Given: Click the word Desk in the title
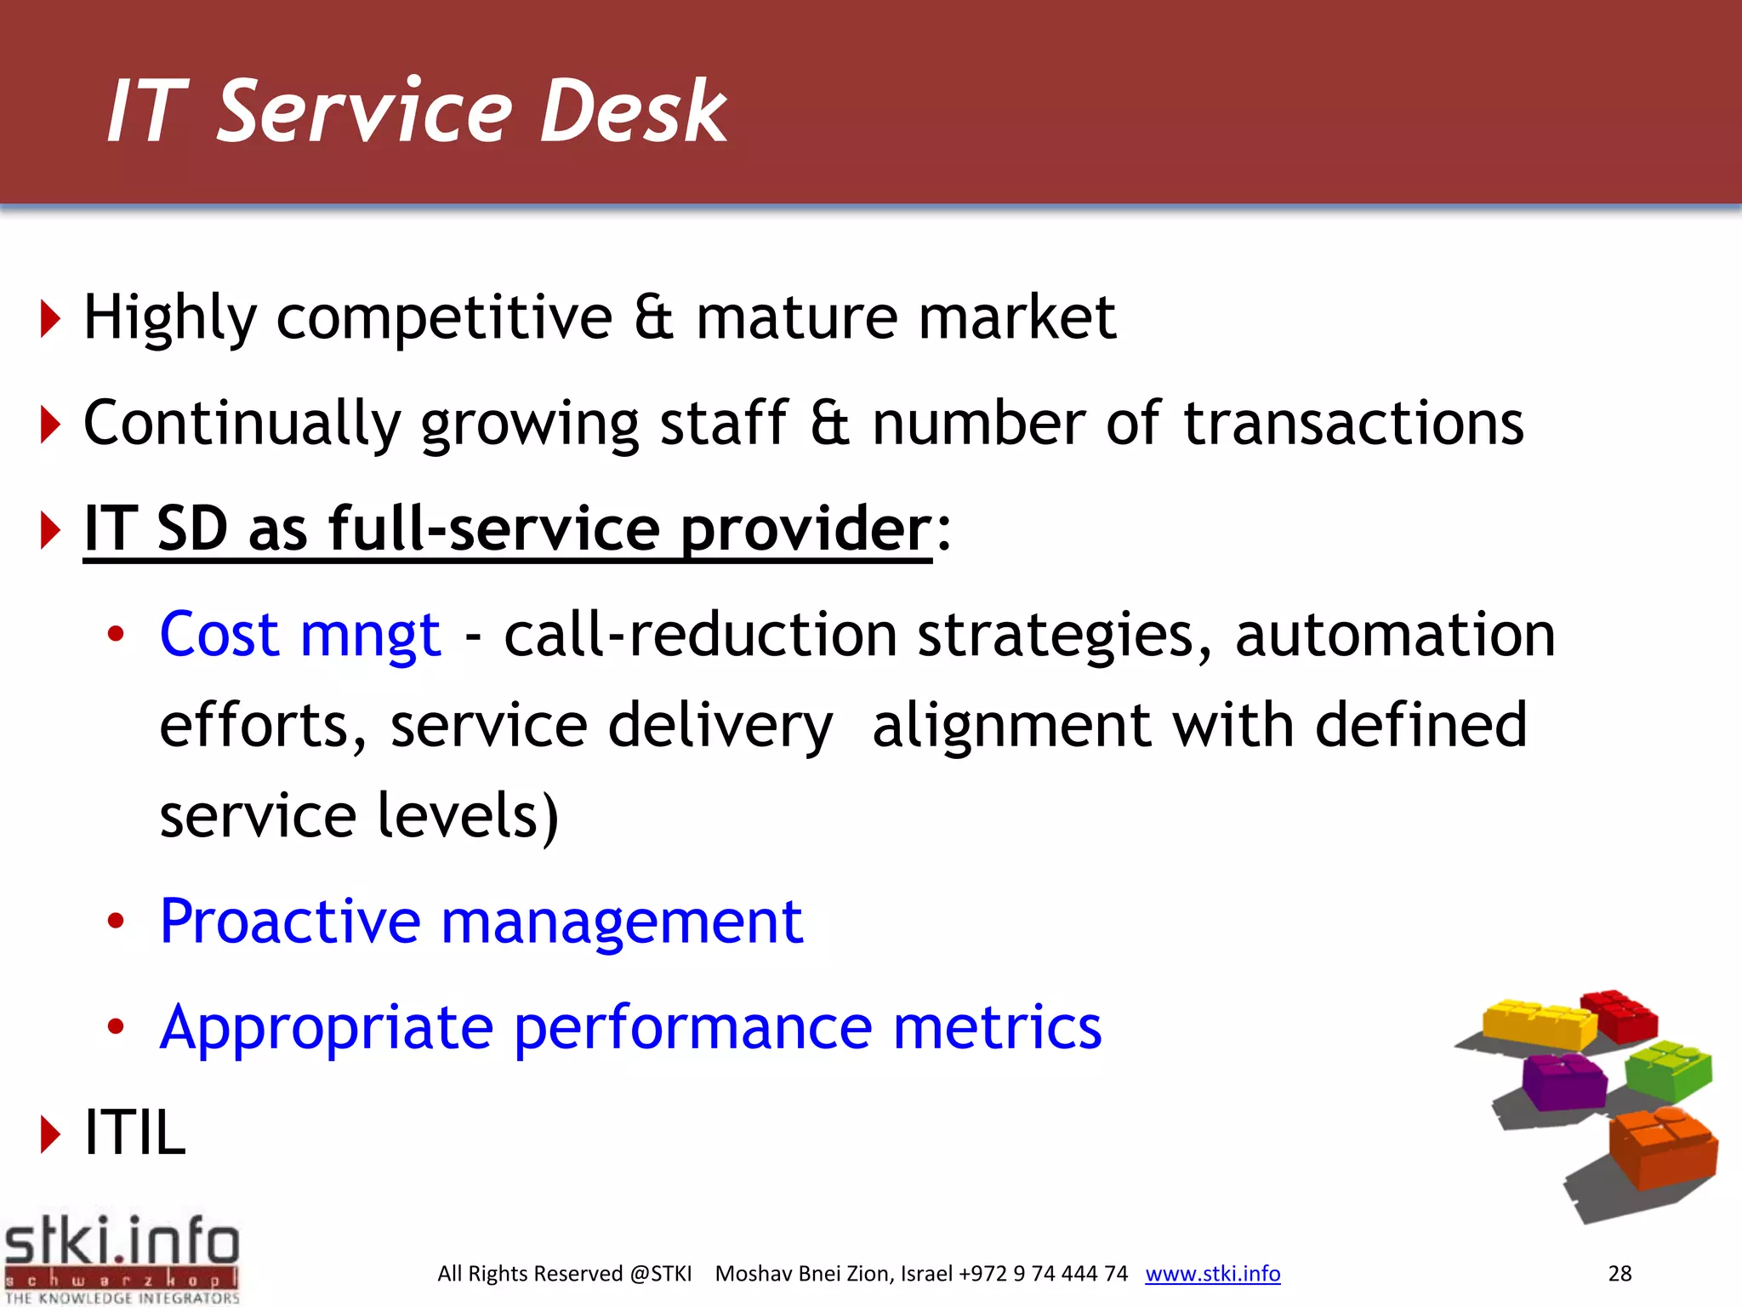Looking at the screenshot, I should tap(634, 111).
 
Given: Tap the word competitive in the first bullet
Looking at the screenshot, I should tap(444, 318).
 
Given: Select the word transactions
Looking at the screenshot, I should tap(1353, 423).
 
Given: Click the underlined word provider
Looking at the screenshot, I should tap(806, 529).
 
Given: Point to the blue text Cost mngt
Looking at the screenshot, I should tap(300, 635).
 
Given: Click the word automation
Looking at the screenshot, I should tap(1395, 635).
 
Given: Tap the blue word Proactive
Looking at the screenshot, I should tap(290, 922).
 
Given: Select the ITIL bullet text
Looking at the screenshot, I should tap(134, 1133).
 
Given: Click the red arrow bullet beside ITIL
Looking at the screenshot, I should tap(50, 1134).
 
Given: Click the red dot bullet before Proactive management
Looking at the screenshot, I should tap(116, 921).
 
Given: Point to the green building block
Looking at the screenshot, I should tap(1668, 1070).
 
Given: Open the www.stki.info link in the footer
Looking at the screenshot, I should tap(1212, 1274).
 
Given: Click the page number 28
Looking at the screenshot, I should tap(1620, 1274).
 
